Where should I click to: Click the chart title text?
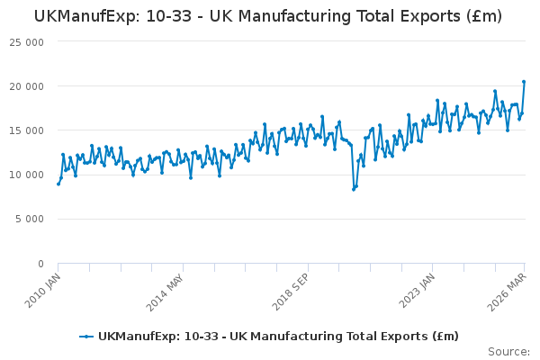coord(268,16)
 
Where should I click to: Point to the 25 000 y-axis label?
coord(27,42)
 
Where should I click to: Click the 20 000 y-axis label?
coord(27,86)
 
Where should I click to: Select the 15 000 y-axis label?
coord(27,130)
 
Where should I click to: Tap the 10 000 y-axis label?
coord(27,175)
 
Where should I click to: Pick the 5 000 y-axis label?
coord(30,219)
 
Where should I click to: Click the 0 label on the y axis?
coord(41,264)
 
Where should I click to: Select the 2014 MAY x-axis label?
coord(166,292)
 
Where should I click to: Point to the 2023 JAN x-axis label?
coord(417,291)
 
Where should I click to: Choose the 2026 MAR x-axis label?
coord(508,292)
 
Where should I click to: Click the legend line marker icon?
coord(86,337)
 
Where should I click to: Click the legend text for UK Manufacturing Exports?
coord(278,337)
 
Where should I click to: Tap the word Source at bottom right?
coord(509,352)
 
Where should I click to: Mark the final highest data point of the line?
coord(524,82)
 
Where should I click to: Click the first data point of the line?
coord(58,184)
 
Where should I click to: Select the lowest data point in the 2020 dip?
coord(354,190)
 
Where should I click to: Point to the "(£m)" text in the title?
coord(484,16)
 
